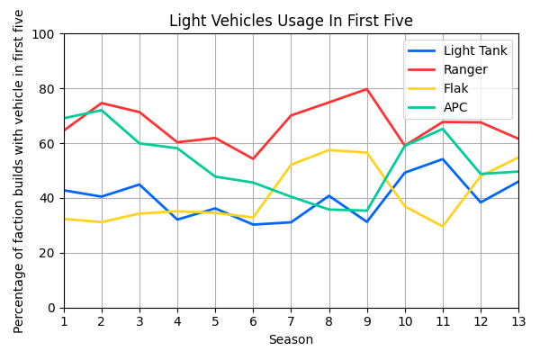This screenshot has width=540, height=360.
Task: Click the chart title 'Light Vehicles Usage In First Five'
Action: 291,21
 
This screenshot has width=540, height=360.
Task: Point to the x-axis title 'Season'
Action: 291,340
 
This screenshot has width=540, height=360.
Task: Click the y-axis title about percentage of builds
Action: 19,171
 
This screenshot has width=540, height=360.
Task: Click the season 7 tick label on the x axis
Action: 291,321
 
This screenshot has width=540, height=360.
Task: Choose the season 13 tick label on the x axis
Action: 518,321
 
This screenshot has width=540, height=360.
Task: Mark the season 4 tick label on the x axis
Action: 177,321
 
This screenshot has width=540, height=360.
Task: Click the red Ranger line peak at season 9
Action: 366,89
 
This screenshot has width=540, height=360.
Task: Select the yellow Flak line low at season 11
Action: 443,227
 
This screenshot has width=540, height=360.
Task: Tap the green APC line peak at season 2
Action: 102,110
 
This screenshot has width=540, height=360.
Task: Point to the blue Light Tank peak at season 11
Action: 443,159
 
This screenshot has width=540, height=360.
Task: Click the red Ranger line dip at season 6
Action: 253,159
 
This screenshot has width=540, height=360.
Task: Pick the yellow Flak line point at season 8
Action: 328,150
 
